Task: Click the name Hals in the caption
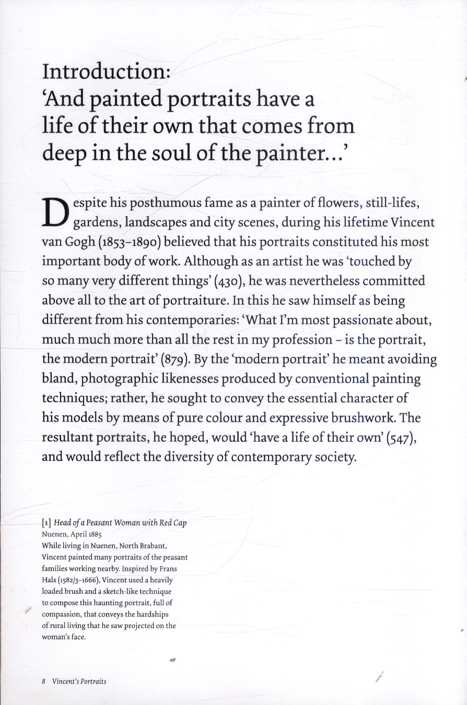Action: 50,580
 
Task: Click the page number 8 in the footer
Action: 44,681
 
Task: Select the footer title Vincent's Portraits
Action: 79,681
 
